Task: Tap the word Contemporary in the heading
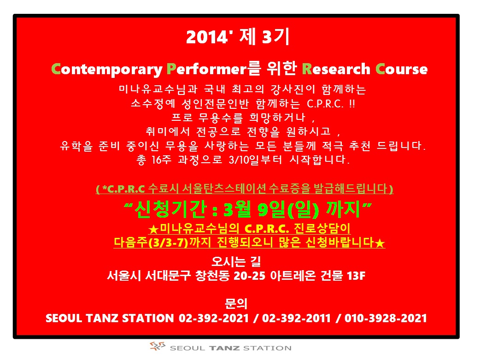[107, 70]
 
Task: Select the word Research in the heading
[336, 69]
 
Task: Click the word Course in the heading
[402, 69]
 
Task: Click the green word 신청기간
[170, 210]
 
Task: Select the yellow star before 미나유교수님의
[153, 229]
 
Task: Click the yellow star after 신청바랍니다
[380, 243]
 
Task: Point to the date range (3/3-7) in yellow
[168, 242]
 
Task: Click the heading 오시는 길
[236, 261]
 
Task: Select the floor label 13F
[356, 276]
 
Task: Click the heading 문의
[236, 304]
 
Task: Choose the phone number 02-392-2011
[296, 319]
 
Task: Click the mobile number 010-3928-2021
[386, 319]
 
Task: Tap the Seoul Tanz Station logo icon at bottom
[158, 346]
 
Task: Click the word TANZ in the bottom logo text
[224, 348]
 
